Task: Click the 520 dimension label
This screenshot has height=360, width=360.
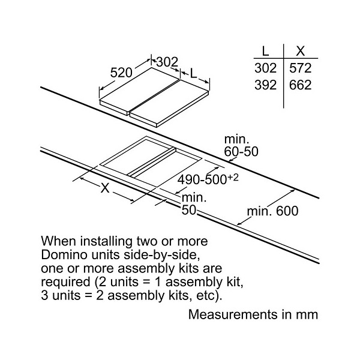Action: coord(121,73)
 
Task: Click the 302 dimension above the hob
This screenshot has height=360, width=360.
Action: coord(167,62)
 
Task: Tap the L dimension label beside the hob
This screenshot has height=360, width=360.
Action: coord(194,73)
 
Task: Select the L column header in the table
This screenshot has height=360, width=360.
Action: coord(265,51)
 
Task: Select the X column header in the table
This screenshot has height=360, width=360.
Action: coord(301,51)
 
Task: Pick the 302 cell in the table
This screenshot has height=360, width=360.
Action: coord(265,68)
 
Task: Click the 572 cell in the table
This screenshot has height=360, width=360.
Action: coord(301,68)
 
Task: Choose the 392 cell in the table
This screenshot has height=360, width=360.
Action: coord(265,85)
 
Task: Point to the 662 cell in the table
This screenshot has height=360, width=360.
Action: coord(301,85)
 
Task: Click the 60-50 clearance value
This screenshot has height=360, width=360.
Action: coord(241,152)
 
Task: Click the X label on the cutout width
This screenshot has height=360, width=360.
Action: coord(105,188)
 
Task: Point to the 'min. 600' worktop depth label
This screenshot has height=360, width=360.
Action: coord(272,211)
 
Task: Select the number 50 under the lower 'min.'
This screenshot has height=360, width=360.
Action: coord(189,209)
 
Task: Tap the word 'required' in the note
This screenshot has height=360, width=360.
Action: coord(65,282)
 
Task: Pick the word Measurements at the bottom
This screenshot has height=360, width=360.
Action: coord(233,314)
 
